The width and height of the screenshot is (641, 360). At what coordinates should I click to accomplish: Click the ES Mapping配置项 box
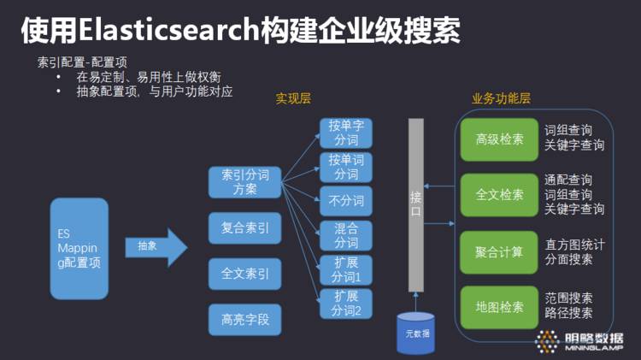(79, 248)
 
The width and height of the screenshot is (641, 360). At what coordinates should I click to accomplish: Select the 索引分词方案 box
(245, 181)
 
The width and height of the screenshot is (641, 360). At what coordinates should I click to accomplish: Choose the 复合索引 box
(245, 228)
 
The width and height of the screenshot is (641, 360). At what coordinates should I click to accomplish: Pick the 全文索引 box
(245, 274)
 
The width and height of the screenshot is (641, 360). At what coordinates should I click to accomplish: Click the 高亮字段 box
(245, 320)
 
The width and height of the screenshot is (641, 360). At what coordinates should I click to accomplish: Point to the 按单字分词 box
(347, 133)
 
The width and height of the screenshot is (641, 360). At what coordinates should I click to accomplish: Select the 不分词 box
(347, 201)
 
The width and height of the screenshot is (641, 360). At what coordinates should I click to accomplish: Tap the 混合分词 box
(347, 235)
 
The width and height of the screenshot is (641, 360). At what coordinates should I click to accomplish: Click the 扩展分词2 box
(347, 304)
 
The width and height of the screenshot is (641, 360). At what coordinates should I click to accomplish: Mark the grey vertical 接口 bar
(416, 205)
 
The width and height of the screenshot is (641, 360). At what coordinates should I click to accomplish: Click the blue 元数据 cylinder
(415, 332)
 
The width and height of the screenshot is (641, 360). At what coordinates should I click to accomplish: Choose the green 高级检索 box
(500, 139)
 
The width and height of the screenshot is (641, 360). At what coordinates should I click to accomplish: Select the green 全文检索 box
(500, 195)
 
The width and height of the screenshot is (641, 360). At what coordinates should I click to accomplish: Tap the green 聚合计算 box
(500, 252)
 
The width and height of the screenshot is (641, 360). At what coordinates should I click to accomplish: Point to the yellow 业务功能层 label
(501, 98)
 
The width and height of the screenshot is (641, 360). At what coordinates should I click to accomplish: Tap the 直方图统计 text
(574, 245)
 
